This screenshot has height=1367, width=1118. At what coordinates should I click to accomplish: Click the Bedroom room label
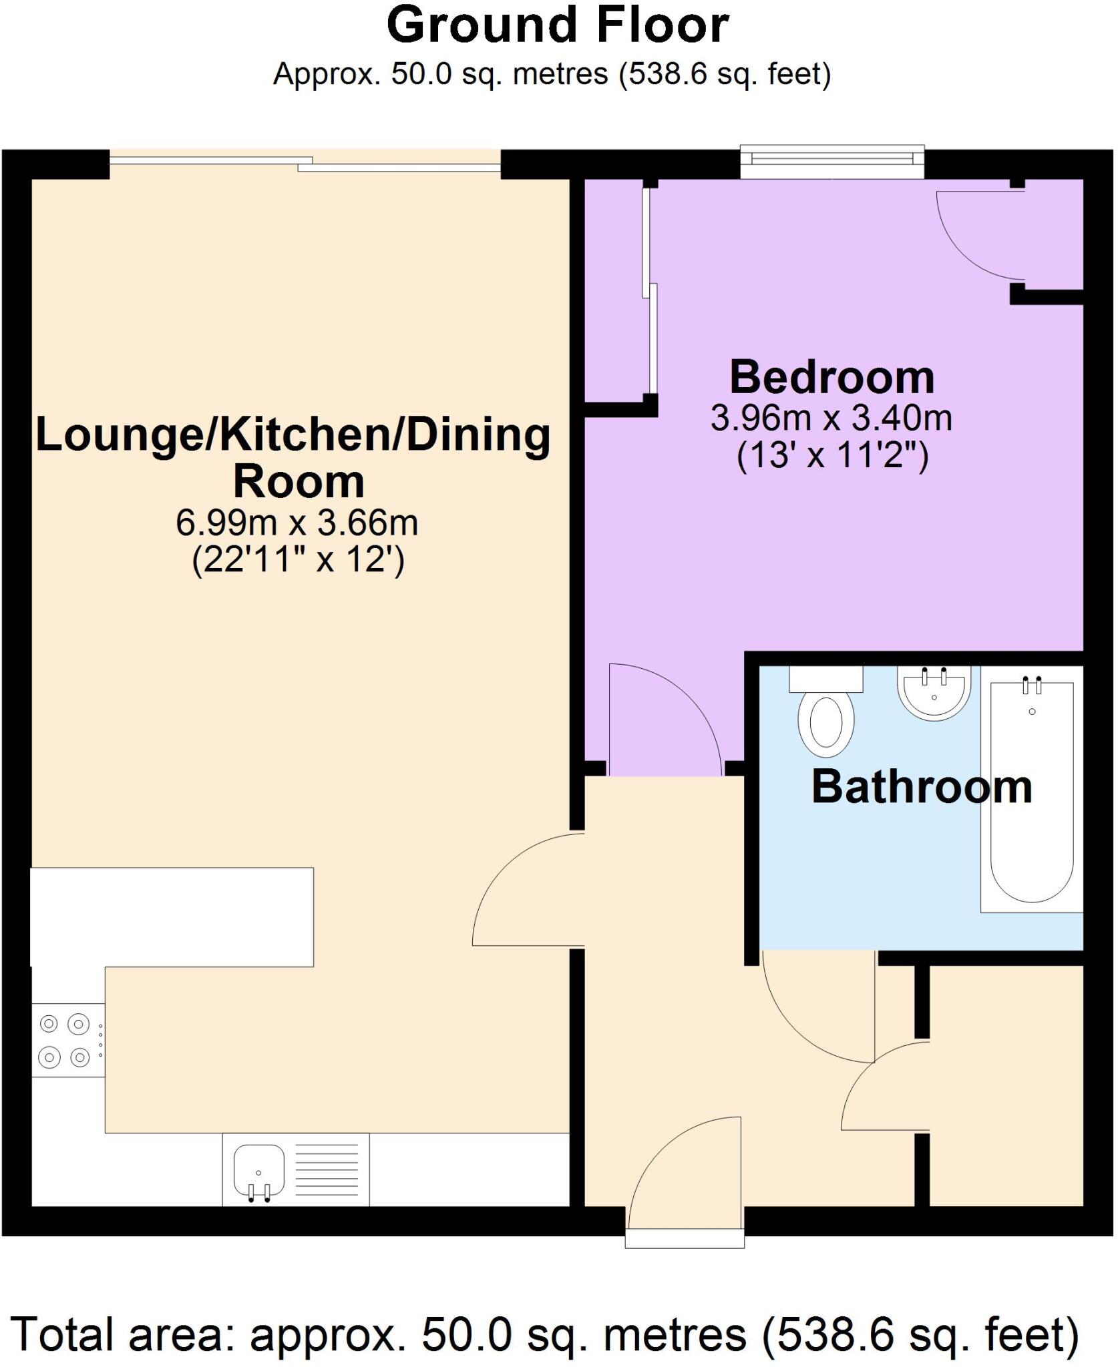pyautogui.click(x=831, y=378)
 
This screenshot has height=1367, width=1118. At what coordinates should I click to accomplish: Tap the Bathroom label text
pyautogui.click(x=922, y=787)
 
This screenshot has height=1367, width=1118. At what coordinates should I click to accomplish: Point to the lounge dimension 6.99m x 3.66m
pyautogui.click(x=297, y=523)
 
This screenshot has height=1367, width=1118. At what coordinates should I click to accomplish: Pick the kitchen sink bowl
pyautogui.click(x=258, y=1169)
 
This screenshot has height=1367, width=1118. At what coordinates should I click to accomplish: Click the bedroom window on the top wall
pyautogui.click(x=831, y=160)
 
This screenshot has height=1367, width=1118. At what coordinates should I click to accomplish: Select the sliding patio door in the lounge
pyautogui.click(x=304, y=162)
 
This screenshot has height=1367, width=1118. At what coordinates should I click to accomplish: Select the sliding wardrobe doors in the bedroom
pyautogui.click(x=649, y=290)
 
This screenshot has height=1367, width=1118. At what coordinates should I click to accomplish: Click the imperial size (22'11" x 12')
pyautogui.click(x=298, y=559)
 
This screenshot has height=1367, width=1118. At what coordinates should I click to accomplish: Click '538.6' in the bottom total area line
pyautogui.click(x=831, y=1334)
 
